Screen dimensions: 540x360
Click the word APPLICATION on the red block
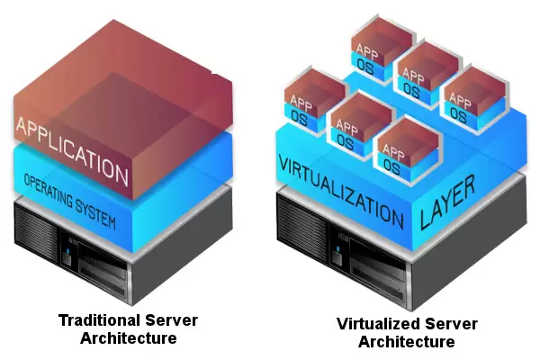[x=72, y=150]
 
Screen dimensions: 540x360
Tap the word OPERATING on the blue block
[x=49, y=190]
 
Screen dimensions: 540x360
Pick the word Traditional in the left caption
[x=99, y=320]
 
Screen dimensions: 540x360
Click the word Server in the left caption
[x=171, y=320]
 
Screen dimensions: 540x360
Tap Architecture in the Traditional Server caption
[x=129, y=338]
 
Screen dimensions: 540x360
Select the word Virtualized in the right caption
[x=378, y=324]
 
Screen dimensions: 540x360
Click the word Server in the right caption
[x=451, y=324]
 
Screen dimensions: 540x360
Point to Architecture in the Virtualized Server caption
[x=407, y=342]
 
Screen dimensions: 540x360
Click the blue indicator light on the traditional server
[x=67, y=251]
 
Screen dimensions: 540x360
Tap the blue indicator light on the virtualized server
[x=337, y=248]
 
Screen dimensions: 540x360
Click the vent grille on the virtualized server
[x=302, y=225]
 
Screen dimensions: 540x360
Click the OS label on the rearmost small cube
[x=365, y=67]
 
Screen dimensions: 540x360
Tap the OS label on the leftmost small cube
[x=299, y=118]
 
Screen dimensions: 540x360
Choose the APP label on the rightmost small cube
[x=460, y=100]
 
